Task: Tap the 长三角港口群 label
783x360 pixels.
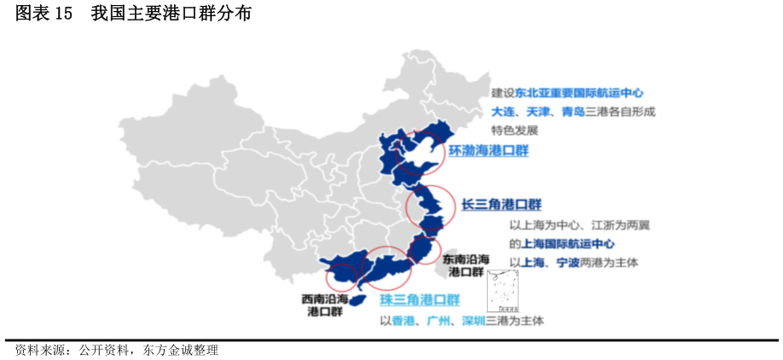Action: click(x=502, y=204)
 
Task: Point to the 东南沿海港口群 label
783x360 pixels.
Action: click(x=466, y=265)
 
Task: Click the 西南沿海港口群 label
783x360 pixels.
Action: click(x=325, y=305)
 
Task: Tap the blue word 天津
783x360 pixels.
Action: click(x=536, y=112)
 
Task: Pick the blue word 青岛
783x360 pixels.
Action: click(x=572, y=112)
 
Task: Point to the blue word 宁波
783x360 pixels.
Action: click(x=567, y=262)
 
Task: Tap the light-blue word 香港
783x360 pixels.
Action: click(x=403, y=321)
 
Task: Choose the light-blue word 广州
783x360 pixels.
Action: click(x=438, y=321)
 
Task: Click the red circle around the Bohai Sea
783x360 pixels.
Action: click(x=422, y=152)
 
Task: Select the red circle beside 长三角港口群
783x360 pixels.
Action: click(x=425, y=207)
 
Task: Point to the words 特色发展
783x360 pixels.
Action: click(x=514, y=131)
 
